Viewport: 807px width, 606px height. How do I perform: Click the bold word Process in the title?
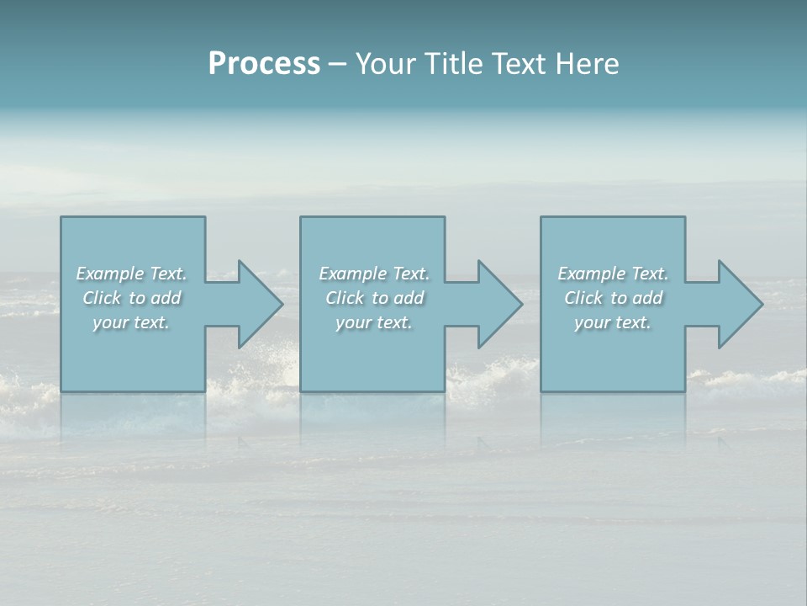coord(264,64)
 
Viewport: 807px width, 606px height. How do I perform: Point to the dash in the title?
coord(338,65)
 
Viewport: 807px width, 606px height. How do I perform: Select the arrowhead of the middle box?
coord(498,304)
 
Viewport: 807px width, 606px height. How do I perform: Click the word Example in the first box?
coord(110,274)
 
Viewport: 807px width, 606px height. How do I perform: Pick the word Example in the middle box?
coord(353,274)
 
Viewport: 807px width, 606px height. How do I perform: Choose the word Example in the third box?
coord(592,274)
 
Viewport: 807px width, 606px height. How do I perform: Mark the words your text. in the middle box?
coord(374,322)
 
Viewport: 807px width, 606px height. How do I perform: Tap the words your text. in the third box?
coord(613,322)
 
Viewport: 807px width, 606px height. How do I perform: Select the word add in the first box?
coord(166,298)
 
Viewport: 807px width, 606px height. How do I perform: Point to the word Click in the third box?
coord(583,298)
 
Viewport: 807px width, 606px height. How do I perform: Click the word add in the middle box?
coord(409,298)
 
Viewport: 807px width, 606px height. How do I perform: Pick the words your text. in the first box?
coord(131,322)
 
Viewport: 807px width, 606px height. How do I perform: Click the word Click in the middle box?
coord(345,298)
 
